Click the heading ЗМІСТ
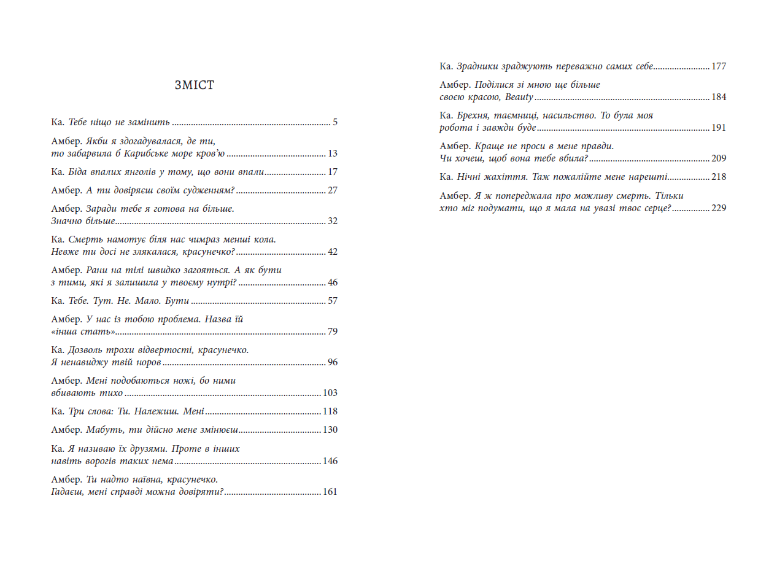194,85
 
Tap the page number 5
335,122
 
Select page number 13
333,153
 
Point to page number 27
333,190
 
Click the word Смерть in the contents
84,239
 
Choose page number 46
333,282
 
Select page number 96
333,362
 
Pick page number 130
330,430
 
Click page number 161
330,492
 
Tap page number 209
719,158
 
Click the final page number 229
719,208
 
